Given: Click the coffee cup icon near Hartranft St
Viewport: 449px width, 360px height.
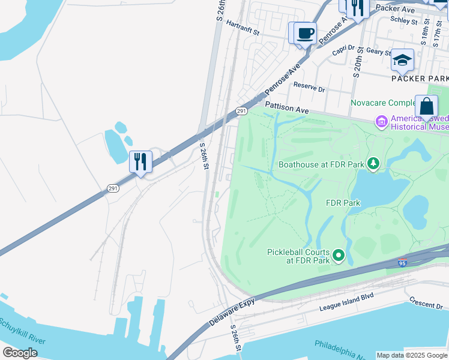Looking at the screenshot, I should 305,33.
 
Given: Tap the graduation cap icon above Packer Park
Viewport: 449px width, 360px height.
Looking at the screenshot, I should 402,60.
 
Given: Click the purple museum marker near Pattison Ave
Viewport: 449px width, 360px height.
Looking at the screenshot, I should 381,122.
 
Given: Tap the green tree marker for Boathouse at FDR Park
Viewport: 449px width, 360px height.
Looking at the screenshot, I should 373,164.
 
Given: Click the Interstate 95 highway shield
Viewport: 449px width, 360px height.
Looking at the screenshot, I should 402,263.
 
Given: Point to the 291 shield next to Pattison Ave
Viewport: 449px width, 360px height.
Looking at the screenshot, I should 241,111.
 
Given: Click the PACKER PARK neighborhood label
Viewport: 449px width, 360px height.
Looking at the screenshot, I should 420,79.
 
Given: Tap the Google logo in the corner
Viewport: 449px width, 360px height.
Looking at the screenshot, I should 20,352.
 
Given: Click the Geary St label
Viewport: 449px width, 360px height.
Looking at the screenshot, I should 378,52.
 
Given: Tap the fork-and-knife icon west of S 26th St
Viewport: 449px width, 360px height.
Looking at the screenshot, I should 140,161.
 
